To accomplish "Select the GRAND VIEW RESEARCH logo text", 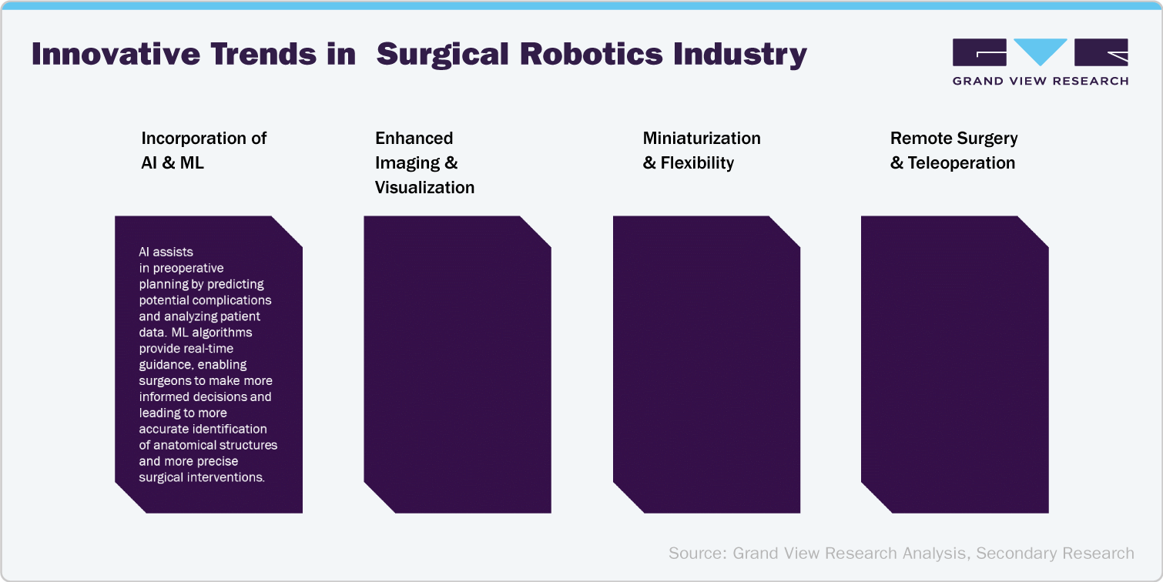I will click(1041, 81).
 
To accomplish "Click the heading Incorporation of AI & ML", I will click(203, 150).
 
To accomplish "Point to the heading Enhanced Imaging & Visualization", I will click(424, 162).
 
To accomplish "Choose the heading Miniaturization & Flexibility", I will click(701, 150).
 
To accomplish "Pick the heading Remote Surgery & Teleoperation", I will click(954, 150).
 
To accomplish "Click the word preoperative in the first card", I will click(188, 268).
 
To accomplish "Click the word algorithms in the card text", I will click(223, 333).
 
